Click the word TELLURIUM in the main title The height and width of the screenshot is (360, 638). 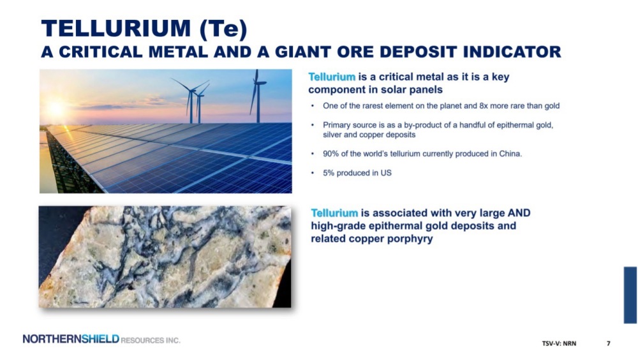point(116,29)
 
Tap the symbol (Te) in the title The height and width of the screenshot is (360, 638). point(223,29)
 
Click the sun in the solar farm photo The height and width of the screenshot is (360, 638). point(56,109)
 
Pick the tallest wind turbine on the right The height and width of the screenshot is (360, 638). point(257,96)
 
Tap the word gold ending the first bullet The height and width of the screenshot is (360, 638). point(552,106)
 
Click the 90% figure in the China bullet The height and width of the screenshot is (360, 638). point(330,154)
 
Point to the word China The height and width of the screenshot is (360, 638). point(510,154)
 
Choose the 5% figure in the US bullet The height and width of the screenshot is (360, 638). point(329,173)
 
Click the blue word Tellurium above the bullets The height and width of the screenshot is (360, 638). point(332,77)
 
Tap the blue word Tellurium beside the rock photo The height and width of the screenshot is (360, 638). point(334,213)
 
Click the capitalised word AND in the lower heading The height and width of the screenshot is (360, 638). point(519,213)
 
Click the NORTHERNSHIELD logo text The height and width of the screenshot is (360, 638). point(71,339)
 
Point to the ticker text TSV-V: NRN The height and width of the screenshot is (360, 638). point(559,343)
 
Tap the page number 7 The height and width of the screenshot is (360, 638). point(608,343)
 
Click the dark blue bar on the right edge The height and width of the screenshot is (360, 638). point(630,296)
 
